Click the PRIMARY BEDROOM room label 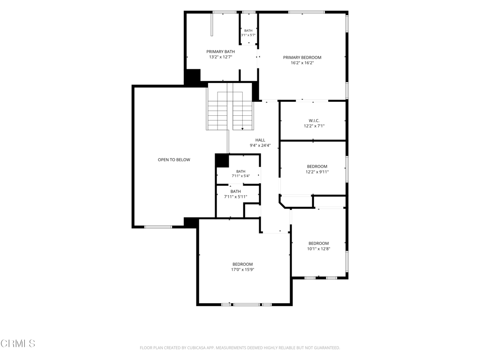(302, 57)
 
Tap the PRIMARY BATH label (220, 52)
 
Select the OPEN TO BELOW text (174, 159)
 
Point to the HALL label (260, 140)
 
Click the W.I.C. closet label (314, 120)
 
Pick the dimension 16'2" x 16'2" (302, 63)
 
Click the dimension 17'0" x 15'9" (243, 270)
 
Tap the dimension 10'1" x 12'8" (319, 249)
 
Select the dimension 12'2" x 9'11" (317, 172)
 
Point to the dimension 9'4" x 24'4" (260, 146)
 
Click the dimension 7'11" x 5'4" (240, 176)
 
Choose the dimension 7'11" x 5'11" (236, 197)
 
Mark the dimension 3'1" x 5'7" (248, 35)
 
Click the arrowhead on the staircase (242, 129)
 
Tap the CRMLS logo (18, 344)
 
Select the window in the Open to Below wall (158, 227)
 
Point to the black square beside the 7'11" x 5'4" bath (222, 161)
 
